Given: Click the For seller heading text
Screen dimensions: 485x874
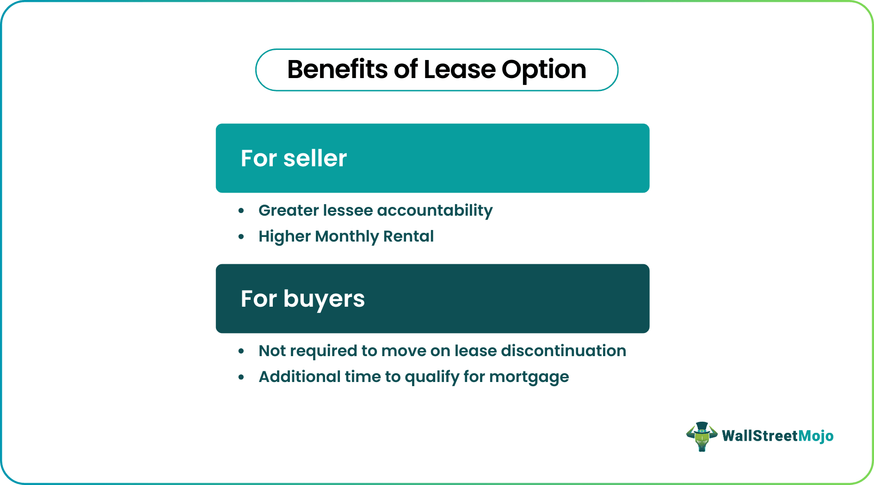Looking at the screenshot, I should click(x=294, y=158).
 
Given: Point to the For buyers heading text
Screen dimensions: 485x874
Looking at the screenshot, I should click(x=302, y=299).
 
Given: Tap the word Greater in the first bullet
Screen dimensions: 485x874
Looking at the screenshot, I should click(x=289, y=211).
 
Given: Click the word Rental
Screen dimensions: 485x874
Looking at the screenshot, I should click(x=408, y=236).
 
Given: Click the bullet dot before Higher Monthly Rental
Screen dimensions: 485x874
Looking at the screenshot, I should click(x=241, y=237).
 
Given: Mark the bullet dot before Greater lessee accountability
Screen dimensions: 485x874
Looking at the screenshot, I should click(x=241, y=211).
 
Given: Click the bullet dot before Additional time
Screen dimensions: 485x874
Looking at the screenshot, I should click(x=241, y=377).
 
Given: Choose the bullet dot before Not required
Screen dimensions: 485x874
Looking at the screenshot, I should click(x=241, y=352).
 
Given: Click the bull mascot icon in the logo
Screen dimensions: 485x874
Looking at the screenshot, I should click(x=702, y=436).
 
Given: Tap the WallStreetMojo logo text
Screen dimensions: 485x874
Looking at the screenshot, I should click(x=777, y=436).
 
